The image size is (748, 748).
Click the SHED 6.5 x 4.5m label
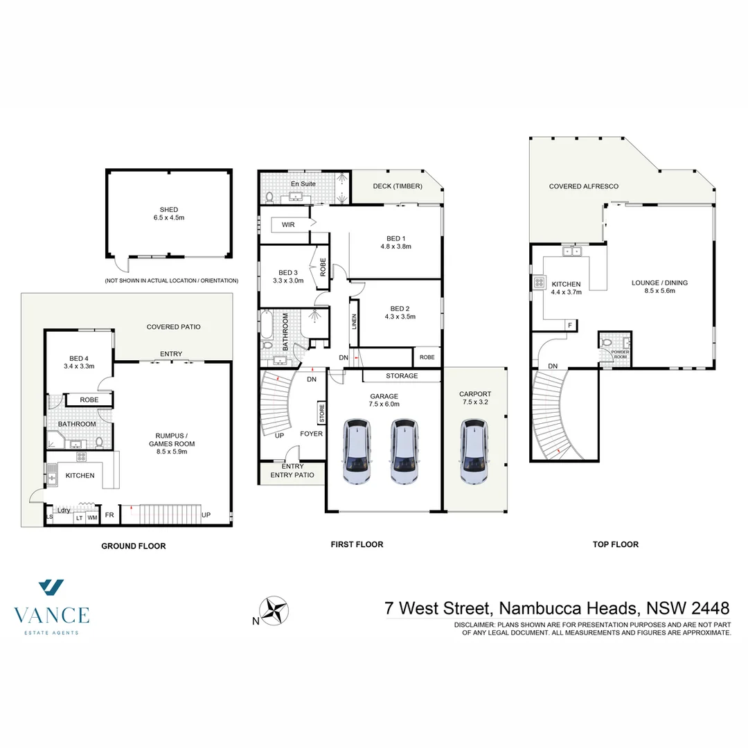pos(169,213)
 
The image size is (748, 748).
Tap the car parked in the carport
pos(474,451)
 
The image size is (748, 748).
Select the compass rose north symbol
pos(276,611)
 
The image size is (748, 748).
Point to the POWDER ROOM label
pos(620,354)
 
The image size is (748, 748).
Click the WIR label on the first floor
pos(288,224)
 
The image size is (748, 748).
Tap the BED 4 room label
pos(78,362)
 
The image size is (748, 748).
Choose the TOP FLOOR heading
pos(615,544)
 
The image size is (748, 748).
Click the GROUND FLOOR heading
pos(134,546)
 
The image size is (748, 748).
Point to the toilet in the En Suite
pos(269,197)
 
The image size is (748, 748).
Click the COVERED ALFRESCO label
pos(584,186)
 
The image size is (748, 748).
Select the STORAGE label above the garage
pos(402,376)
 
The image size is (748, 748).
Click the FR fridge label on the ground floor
pos(109,515)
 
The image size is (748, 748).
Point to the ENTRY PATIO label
pos(292,474)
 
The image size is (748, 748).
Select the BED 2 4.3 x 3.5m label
pos(398,313)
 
